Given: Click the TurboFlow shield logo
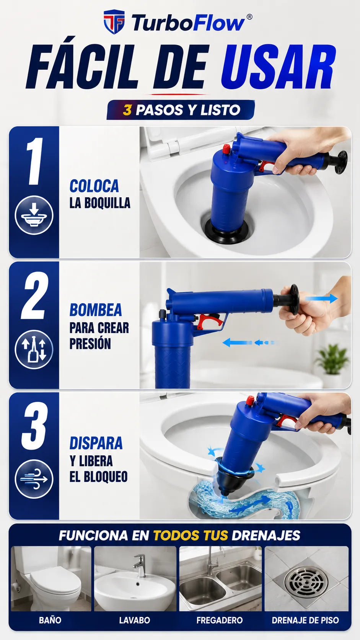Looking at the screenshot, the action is coord(114,22).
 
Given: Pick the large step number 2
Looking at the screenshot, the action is coord(34,296).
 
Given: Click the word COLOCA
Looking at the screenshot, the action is coord(94,186).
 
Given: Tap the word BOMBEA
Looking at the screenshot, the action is coord(96,310).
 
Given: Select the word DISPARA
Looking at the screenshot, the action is coord(96,443).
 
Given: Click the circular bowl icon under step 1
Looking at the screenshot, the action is coord(34,215).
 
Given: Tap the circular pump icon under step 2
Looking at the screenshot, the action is coord(34,349).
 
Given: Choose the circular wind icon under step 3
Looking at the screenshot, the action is coord(34,479).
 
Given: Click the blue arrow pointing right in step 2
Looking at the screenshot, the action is coord(321,299).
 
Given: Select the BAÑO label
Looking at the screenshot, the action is coord(50,620).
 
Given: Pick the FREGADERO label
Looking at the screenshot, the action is coord(220,620).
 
